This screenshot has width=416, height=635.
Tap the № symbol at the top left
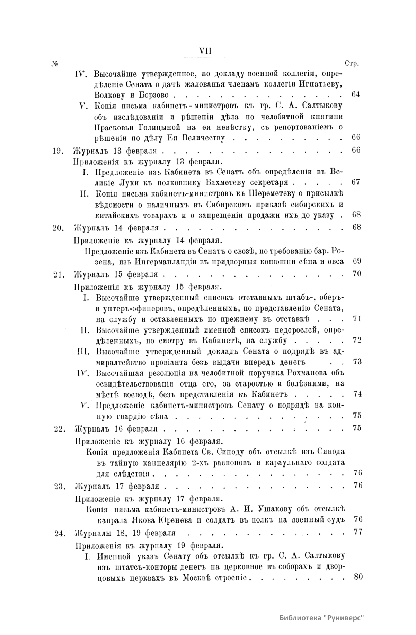55,64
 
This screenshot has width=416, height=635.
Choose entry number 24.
59,533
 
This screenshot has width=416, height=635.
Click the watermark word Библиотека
301,618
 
